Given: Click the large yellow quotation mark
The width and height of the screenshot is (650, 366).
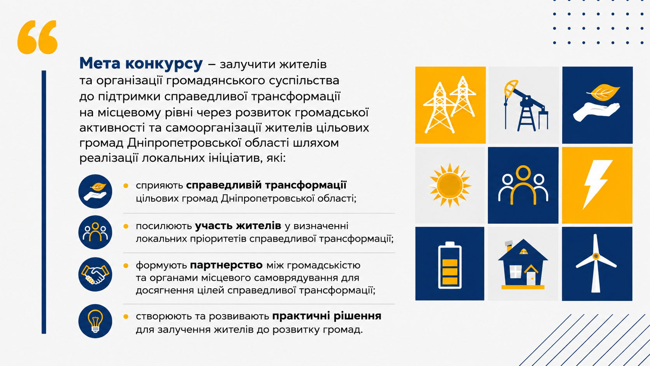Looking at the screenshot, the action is coord(37,37).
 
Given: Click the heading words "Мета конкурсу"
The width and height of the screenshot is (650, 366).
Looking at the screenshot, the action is coord(141,63).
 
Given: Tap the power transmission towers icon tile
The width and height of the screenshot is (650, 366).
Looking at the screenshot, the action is coord(450,105).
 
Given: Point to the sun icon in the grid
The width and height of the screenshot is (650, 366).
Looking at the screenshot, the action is coord(450,185).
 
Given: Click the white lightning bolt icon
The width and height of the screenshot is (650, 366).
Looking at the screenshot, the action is coord(597,185).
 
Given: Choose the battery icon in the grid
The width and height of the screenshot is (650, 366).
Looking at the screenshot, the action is coord(450,265).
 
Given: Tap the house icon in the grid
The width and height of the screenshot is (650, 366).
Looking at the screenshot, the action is coord(523,264).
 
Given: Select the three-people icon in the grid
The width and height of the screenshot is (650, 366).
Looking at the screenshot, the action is coord(523,185).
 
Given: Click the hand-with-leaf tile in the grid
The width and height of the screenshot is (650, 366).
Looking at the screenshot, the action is coord(598,105).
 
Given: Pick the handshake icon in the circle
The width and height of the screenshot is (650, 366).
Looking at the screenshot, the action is coord(95,274).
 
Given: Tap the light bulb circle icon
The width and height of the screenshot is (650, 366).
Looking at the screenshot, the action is coord(95,321).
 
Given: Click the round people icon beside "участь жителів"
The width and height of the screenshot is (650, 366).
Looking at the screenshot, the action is coord(95,232).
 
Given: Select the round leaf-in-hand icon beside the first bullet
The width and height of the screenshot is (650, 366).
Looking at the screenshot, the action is coord(95,191).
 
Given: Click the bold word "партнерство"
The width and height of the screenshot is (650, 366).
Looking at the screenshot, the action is coord(226,265).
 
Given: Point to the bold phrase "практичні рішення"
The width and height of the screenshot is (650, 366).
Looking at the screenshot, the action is coord(327,316).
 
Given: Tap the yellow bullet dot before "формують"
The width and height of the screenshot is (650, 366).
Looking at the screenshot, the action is coord(126,266).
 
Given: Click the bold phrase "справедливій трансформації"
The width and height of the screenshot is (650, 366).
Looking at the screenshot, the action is coord(266,185).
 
